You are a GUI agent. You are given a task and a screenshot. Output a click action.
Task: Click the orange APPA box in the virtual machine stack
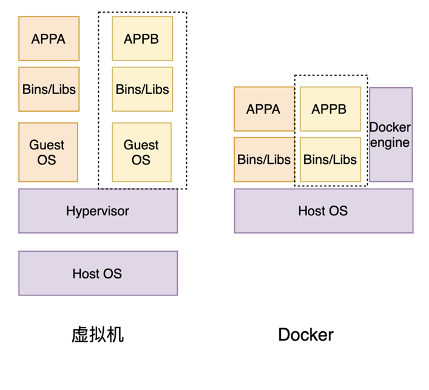click(x=49, y=39)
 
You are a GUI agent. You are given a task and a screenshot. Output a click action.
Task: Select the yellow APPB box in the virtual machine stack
click(x=142, y=39)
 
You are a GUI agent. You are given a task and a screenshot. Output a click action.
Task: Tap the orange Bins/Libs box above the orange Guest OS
click(x=49, y=89)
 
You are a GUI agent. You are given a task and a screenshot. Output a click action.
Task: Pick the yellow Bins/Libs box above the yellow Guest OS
click(x=142, y=89)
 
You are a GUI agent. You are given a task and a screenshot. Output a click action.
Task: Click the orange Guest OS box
click(x=48, y=152)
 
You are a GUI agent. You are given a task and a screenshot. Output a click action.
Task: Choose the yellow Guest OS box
click(x=141, y=152)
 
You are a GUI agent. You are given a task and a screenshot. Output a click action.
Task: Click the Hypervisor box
click(x=98, y=211)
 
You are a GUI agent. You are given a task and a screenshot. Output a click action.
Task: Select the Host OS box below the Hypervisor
click(x=98, y=274)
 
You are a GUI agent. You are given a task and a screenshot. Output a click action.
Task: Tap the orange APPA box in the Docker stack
click(x=264, y=109)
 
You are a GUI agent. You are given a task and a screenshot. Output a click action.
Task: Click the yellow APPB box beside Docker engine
click(x=329, y=109)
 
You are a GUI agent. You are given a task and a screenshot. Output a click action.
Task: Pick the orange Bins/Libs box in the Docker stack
click(x=264, y=160)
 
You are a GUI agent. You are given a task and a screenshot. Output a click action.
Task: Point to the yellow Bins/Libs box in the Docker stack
click(x=329, y=160)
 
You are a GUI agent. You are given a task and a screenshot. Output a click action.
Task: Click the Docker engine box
click(x=391, y=135)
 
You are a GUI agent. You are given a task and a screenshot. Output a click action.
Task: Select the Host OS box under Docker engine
click(x=323, y=211)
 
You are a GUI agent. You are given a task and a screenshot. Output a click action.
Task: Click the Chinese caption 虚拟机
click(x=98, y=334)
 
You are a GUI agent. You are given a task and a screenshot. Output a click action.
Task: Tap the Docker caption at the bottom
click(x=306, y=334)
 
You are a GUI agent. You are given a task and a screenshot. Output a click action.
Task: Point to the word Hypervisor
click(x=98, y=211)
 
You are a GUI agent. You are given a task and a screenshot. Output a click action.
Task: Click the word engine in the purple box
click(x=390, y=143)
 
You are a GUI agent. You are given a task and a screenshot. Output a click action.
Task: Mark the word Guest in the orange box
click(x=47, y=145)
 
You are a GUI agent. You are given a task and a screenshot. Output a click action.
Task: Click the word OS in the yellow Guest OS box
click(x=141, y=160)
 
